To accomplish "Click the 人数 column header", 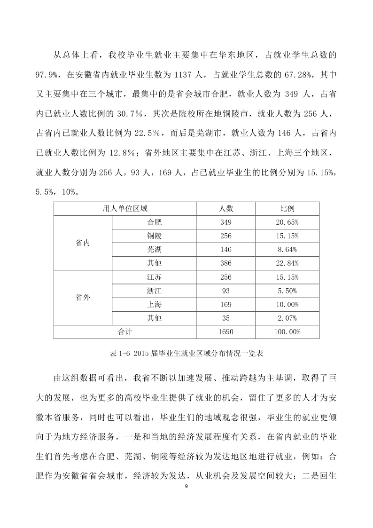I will pyautogui.click(x=225, y=208).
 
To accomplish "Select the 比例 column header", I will pyautogui.click(x=288, y=208).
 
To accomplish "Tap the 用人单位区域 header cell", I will pyautogui.click(x=125, y=208).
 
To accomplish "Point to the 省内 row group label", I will pyautogui.click(x=83, y=243).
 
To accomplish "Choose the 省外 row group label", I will pyautogui.click(x=83, y=297).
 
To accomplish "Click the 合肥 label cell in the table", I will pyautogui.click(x=154, y=222).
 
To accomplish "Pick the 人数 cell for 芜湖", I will pyautogui.click(x=225, y=249).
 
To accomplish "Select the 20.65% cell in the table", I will pyautogui.click(x=288, y=222).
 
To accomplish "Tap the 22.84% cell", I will pyautogui.click(x=288, y=263).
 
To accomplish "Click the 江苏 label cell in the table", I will pyautogui.click(x=154, y=277).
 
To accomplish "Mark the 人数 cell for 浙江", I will pyautogui.click(x=225, y=291).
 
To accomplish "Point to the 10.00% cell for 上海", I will pyautogui.click(x=288, y=304).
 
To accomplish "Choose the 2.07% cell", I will pyautogui.click(x=288, y=318).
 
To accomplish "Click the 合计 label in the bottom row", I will pyautogui.click(x=125, y=331).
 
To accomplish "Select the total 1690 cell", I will pyautogui.click(x=225, y=331).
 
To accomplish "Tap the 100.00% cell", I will pyautogui.click(x=288, y=331).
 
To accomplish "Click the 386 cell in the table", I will pyautogui.click(x=225, y=263).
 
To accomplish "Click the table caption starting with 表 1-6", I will pyautogui.click(x=186, y=351).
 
